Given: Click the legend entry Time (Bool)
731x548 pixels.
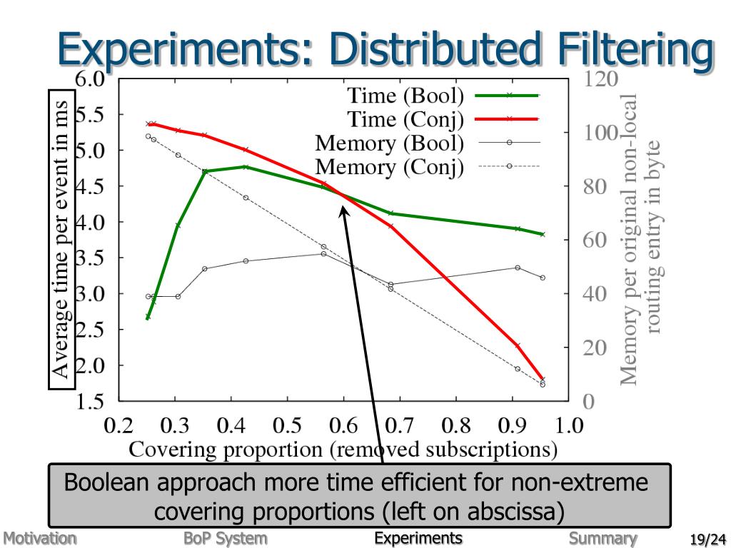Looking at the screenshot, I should [x=405, y=95].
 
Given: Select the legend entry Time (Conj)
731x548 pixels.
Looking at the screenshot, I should [x=405, y=118].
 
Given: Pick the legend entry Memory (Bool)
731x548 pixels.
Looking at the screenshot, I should [x=390, y=143].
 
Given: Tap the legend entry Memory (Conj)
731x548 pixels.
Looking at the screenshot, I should [x=390, y=167].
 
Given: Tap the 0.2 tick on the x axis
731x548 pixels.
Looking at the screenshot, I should [x=119, y=426].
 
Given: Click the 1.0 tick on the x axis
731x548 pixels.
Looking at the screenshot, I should [x=569, y=426].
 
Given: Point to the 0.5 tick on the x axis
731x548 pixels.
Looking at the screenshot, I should [x=287, y=426].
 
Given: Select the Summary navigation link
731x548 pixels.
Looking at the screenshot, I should [x=603, y=538].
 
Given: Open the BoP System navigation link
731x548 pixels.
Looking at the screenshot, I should [x=225, y=538].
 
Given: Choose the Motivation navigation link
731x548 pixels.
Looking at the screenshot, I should [x=39, y=538].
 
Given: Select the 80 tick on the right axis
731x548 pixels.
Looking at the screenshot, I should [x=595, y=187].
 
